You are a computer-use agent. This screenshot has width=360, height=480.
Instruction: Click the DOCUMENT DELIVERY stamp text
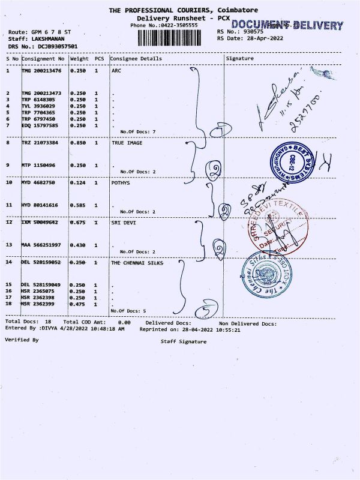[287, 25]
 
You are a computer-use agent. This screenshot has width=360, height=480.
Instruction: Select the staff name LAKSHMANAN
[47, 38]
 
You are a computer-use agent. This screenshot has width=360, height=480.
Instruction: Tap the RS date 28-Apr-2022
[259, 38]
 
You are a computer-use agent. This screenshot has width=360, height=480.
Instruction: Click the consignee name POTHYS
[121, 182]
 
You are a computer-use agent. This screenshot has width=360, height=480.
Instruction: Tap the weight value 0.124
[79, 182]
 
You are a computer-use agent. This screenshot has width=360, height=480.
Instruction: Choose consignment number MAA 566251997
[41, 244]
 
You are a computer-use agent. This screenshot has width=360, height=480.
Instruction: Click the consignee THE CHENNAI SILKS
[137, 263]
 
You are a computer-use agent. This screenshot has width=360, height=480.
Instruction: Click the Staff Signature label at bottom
[184, 341]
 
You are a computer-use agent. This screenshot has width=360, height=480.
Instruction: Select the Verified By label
[22, 340]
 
